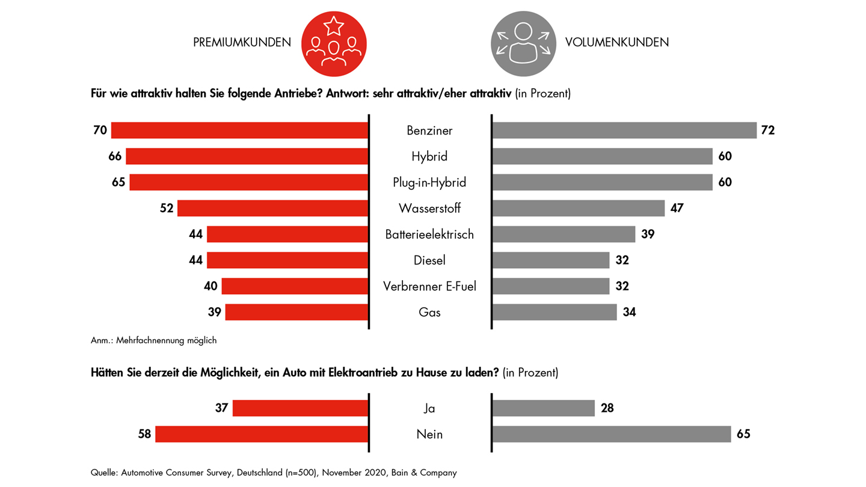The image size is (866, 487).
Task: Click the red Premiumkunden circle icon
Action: pos(334,43)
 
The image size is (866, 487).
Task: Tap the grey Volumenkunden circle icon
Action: pos(523,43)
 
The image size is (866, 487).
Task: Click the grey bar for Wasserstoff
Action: pos(578,209)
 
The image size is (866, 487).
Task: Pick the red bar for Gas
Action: pos(296,312)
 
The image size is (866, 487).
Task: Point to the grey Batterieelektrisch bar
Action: pos(564,234)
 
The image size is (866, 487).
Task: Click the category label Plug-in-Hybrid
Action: pos(429,182)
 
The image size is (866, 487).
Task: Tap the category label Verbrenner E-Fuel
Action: pos(429,286)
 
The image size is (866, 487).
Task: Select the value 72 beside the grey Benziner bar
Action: pos(767,130)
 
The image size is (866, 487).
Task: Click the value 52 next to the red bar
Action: pos(167,209)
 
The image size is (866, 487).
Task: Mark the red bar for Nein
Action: pos(262,434)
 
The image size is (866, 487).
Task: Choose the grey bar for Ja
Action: pos(543,408)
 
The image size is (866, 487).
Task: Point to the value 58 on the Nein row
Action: pos(144,434)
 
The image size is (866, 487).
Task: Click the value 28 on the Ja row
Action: pos(607,408)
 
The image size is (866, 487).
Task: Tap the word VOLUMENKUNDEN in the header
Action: pos(617,43)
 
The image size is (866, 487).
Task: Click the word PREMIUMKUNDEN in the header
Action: pos(242,43)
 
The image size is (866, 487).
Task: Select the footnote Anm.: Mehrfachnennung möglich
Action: pos(153,340)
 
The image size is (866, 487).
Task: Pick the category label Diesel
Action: pos(429,260)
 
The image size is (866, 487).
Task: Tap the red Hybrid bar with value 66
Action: pos(247,156)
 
